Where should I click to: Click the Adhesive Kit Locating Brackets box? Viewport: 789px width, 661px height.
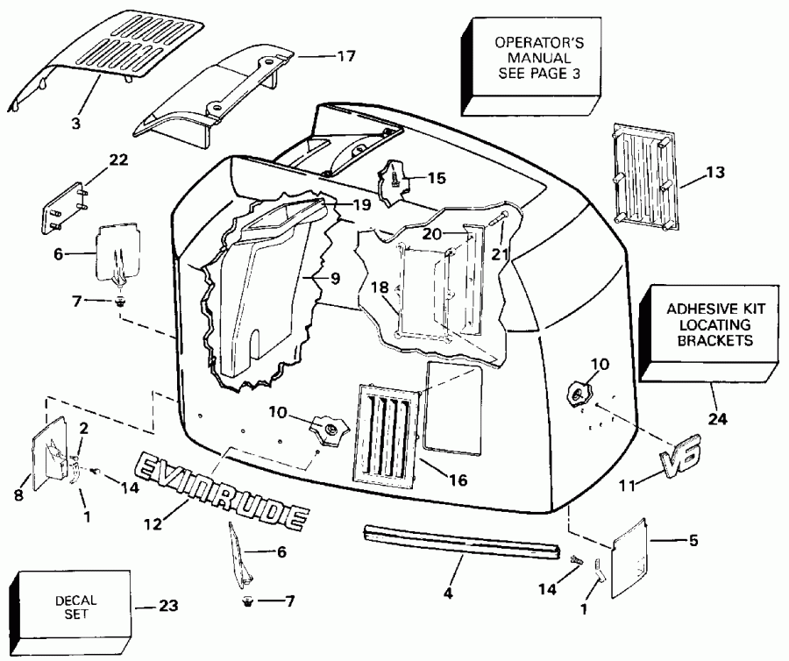(709, 325)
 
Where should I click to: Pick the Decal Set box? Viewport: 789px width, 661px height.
(74, 608)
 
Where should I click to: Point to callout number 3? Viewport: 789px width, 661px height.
(76, 124)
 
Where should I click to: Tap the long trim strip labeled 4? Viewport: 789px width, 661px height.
(459, 540)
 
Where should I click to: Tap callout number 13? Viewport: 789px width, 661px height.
(715, 173)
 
